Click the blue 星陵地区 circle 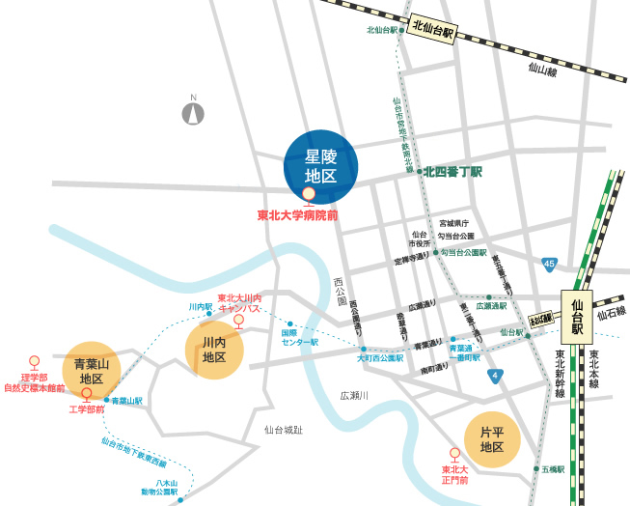click(x=320, y=166)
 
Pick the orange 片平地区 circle click(x=492, y=439)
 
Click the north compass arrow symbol click(x=194, y=114)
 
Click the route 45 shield click(x=549, y=264)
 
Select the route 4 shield click(x=495, y=375)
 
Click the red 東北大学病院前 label click(x=297, y=215)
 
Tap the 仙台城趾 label click(x=284, y=429)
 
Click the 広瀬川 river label click(x=354, y=395)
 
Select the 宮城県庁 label click(x=453, y=222)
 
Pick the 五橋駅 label click(x=552, y=468)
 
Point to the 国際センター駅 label click(x=299, y=337)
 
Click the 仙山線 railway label click(x=542, y=70)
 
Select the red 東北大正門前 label click(x=455, y=474)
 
